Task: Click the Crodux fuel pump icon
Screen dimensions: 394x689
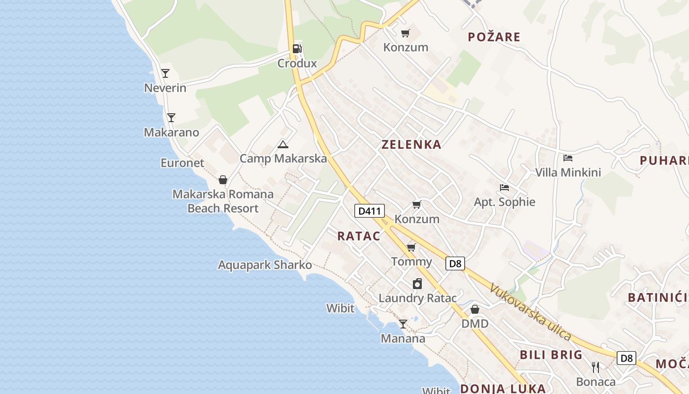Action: click(x=297, y=48)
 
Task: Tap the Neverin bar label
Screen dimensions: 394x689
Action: click(x=165, y=88)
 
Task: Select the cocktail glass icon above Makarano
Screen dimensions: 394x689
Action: click(x=171, y=117)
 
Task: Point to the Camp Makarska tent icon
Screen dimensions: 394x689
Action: click(x=282, y=144)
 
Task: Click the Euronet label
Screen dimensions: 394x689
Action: click(x=182, y=163)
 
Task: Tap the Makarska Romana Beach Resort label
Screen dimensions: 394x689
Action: click(x=223, y=201)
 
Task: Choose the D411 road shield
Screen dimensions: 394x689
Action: click(x=370, y=211)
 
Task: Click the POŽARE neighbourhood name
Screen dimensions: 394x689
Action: click(x=494, y=37)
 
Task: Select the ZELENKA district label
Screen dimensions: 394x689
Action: click(x=411, y=144)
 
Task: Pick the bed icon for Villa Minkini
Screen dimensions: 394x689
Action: click(x=568, y=158)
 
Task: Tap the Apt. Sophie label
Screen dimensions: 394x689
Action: click(x=504, y=202)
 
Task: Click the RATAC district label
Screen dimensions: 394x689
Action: click(x=359, y=236)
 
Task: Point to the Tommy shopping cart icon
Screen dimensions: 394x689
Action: click(x=411, y=247)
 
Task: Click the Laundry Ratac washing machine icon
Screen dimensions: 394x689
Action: click(x=417, y=284)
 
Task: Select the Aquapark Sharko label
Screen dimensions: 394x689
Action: click(x=265, y=265)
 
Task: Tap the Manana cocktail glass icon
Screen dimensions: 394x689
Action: click(x=403, y=324)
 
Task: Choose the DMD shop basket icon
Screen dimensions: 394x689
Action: click(x=475, y=309)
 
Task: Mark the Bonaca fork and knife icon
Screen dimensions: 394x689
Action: click(x=595, y=367)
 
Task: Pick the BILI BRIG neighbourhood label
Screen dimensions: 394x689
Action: click(x=551, y=355)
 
